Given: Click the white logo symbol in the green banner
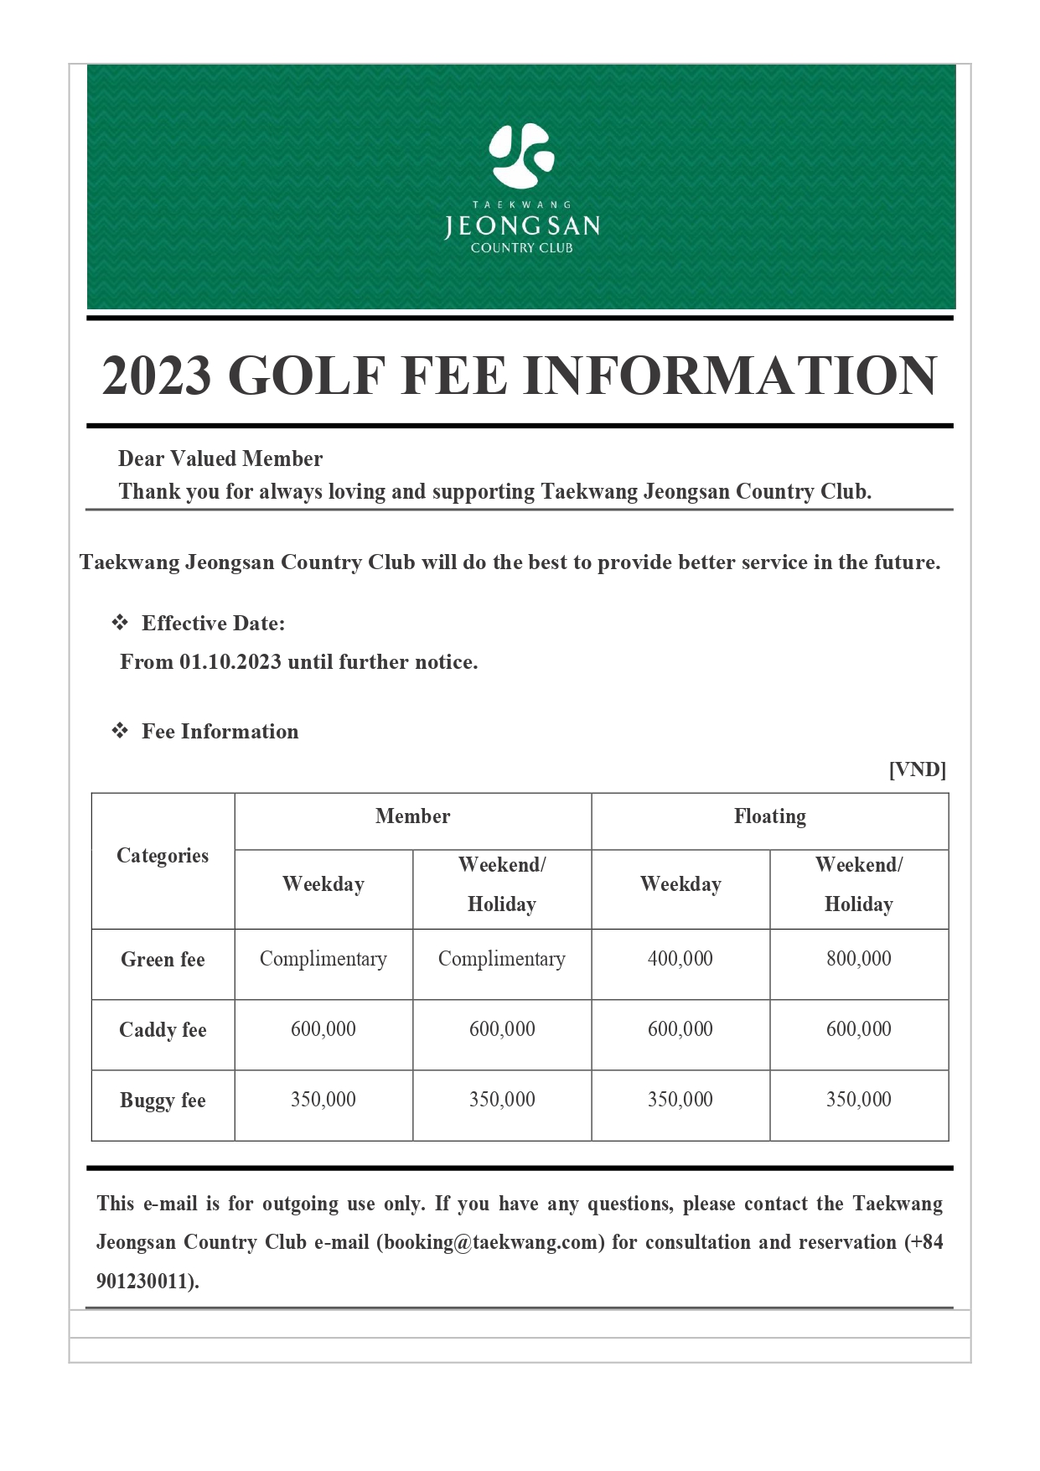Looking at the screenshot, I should (x=521, y=156).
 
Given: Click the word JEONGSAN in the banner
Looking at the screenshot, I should (x=521, y=226).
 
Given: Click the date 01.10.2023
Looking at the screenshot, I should (x=230, y=662).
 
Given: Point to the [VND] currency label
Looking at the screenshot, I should (x=917, y=769).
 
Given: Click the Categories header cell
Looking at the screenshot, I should (x=163, y=856).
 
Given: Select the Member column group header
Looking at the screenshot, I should (x=412, y=816).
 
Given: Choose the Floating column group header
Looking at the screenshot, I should (x=769, y=816).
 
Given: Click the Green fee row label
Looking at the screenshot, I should (x=163, y=960).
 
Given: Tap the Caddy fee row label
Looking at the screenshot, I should (x=163, y=1030).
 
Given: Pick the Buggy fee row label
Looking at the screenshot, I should (x=163, y=1101).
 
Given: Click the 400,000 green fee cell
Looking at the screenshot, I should (x=680, y=959).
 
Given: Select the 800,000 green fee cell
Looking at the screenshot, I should (x=858, y=959).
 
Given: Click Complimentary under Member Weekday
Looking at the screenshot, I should (x=323, y=959).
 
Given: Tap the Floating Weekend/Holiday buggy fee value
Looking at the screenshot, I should (x=858, y=1100).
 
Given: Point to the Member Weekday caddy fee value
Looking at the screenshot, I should (x=323, y=1029).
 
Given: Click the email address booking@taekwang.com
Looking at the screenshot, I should (x=490, y=1242).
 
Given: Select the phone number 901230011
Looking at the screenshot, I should (x=145, y=1282).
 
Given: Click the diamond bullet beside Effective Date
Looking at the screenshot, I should (x=120, y=623).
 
